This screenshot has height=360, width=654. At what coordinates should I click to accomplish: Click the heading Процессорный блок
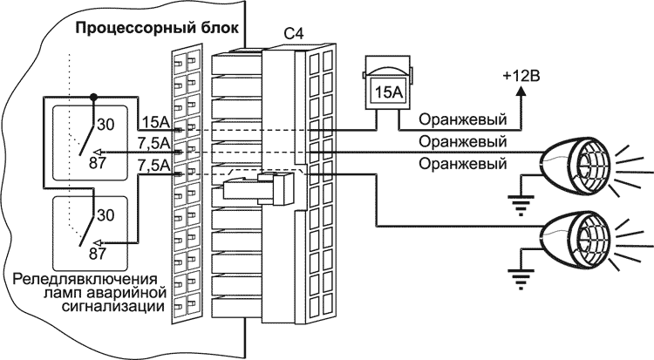pyautogui.click(x=159, y=26)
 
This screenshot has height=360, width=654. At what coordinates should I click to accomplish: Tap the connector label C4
pyautogui.click(x=295, y=35)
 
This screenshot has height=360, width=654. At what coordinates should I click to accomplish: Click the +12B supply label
pyautogui.click(x=522, y=76)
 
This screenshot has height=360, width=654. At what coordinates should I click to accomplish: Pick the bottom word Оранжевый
pyautogui.click(x=462, y=163)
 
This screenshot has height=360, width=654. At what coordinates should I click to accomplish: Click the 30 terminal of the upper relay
pyautogui.click(x=105, y=123)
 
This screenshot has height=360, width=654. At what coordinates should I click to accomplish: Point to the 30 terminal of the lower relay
pyautogui.click(x=105, y=214)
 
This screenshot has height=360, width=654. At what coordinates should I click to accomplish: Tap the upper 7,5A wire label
pyautogui.click(x=153, y=142)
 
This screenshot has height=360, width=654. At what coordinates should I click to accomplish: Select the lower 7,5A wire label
pyautogui.click(x=153, y=163)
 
